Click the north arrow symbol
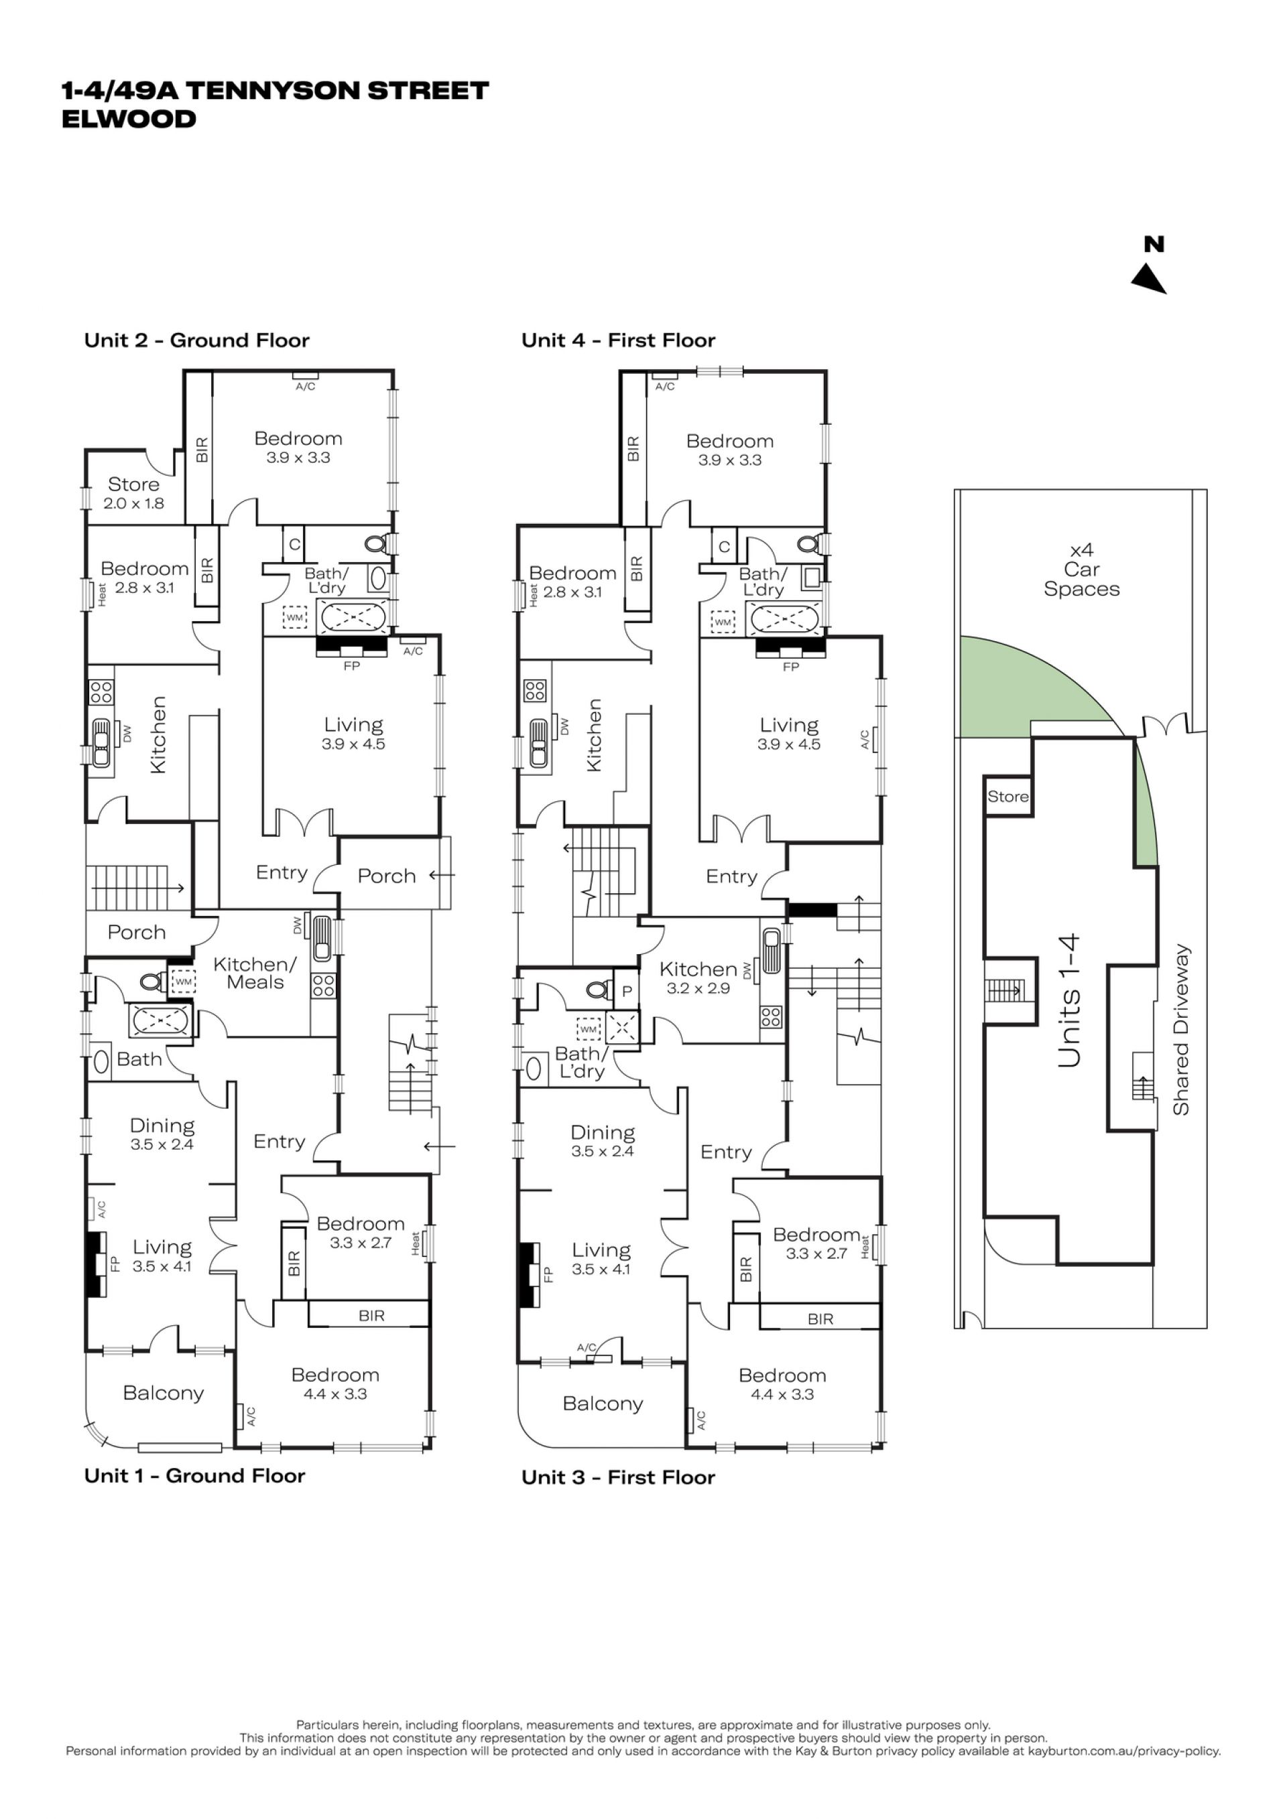click(x=1148, y=279)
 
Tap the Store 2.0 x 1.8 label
click(x=134, y=493)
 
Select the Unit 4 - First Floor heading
click(x=618, y=340)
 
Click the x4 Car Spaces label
click(x=1082, y=569)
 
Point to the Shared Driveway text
click(x=1181, y=1029)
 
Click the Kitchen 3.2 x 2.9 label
click(x=698, y=978)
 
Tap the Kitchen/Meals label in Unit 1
click(x=255, y=973)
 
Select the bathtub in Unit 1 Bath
click(x=161, y=1021)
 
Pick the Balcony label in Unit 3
click(x=603, y=1426)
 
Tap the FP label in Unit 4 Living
click(x=791, y=667)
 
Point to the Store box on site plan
click(x=1008, y=797)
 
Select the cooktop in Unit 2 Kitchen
click(x=101, y=692)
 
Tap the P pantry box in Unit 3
click(x=627, y=991)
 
